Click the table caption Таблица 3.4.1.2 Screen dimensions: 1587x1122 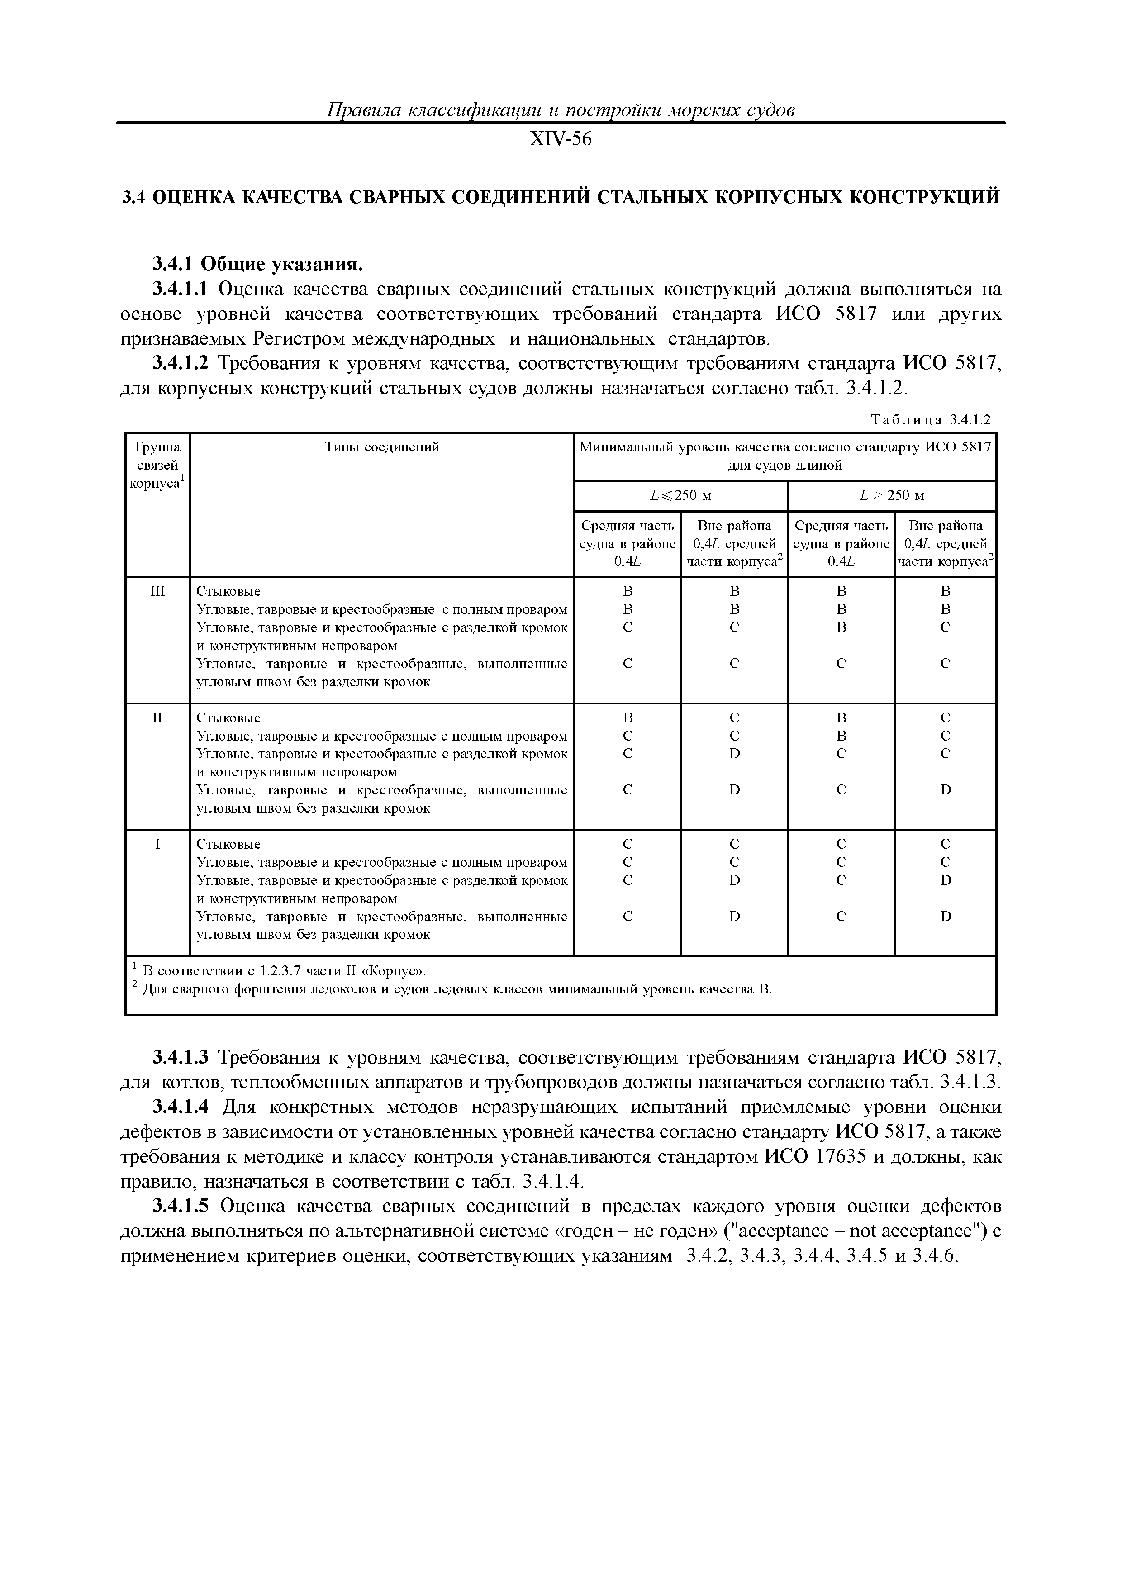[x=931, y=419]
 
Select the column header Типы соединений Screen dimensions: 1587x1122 [x=381, y=447]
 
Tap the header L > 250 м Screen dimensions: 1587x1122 [x=892, y=495]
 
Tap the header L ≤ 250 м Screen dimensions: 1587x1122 [x=681, y=495]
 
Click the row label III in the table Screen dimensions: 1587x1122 [x=157, y=592]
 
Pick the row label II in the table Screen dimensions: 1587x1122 [x=157, y=718]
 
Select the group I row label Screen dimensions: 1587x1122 [x=157, y=845]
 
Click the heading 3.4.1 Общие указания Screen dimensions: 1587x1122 [x=257, y=264]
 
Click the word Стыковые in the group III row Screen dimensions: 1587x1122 [x=228, y=592]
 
